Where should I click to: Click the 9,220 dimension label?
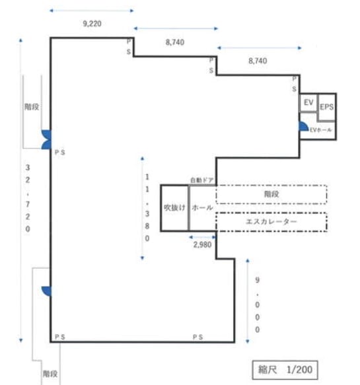(92, 24)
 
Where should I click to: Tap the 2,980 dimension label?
(202, 244)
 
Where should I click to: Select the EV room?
(308, 102)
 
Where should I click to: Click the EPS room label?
(326, 107)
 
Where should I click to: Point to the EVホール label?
(321, 129)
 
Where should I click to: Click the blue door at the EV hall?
(303, 126)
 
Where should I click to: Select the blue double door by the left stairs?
(46, 139)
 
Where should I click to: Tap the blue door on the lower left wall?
(46, 291)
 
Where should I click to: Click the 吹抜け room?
(174, 208)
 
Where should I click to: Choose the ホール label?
(202, 208)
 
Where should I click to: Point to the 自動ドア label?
(202, 180)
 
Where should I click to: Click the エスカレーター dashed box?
(271, 222)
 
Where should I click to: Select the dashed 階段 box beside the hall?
(271, 194)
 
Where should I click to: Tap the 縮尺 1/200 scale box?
(285, 370)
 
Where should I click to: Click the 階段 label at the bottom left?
(50, 374)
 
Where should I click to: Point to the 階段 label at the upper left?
(32, 107)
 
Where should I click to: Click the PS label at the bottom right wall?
(198, 337)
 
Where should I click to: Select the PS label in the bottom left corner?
(59, 337)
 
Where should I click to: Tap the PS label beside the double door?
(59, 153)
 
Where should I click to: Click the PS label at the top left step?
(129, 47)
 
